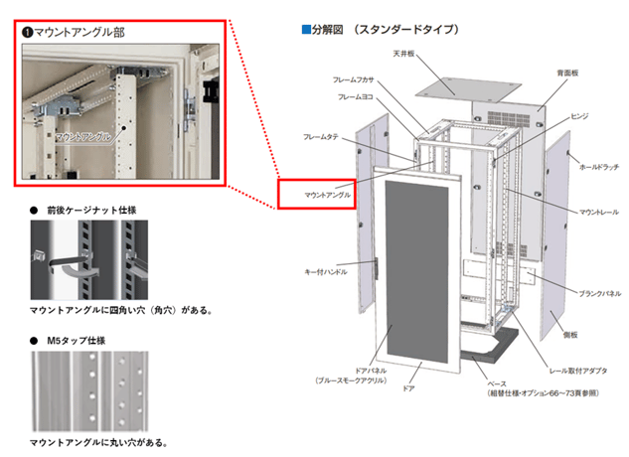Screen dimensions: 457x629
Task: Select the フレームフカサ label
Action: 355,79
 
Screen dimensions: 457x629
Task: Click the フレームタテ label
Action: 321,135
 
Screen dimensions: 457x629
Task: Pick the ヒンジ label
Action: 578,116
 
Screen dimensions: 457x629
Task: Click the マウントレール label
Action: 599,213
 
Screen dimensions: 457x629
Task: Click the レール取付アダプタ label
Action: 567,355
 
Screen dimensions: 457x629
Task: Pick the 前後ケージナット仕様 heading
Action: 97,212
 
